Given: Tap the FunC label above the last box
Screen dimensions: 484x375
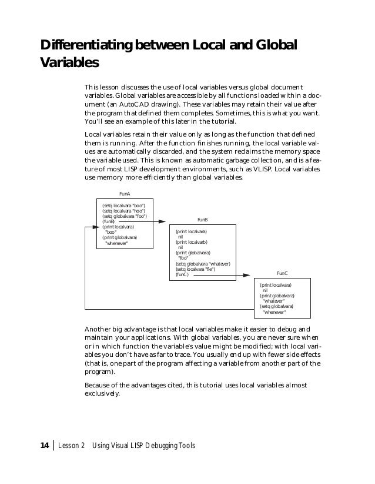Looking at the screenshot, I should click(282, 274).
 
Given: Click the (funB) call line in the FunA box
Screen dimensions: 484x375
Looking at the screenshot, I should click(109, 221).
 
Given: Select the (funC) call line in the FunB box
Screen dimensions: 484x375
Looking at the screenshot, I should click(183, 275).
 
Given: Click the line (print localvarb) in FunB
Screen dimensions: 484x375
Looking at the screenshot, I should click(192, 242).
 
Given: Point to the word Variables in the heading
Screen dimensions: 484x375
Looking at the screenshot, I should click(68, 62).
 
